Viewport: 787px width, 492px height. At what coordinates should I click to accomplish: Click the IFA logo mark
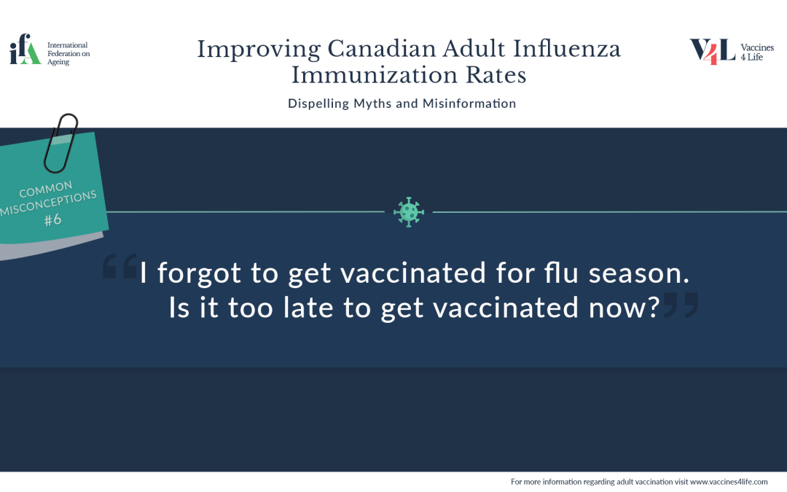pyautogui.click(x=25, y=49)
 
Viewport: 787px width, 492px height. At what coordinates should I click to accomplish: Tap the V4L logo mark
pyautogui.click(x=713, y=52)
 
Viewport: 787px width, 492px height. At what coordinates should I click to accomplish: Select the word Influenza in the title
pyautogui.click(x=567, y=50)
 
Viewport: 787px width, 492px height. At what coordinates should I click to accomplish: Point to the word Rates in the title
pyautogui.click(x=496, y=75)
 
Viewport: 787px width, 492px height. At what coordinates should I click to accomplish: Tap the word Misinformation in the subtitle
pyautogui.click(x=469, y=104)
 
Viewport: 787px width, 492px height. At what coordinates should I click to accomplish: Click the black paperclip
pyautogui.click(x=60, y=144)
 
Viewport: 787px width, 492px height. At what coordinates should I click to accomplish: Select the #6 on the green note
pyautogui.click(x=52, y=219)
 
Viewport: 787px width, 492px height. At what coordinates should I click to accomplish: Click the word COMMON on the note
pyautogui.click(x=46, y=190)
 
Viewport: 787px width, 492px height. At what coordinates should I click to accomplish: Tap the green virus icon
pyautogui.click(x=409, y=212)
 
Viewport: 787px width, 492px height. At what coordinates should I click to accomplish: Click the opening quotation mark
pyautogui.click(x=120, y=266)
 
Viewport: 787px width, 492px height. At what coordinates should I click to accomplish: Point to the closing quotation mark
pyautogui.click(x=681, y=305)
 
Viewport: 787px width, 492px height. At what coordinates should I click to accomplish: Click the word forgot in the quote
pyautogui.click(x=199, y=273)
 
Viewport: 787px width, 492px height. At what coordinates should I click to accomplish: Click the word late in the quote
pyautogui.click(x=308, y=308)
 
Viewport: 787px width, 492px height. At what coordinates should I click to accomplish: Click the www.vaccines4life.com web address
pyautogui.click(x=729, y=482)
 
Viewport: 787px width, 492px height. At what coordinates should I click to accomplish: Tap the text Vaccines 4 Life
pyautogui.click(x=757, y=52)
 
